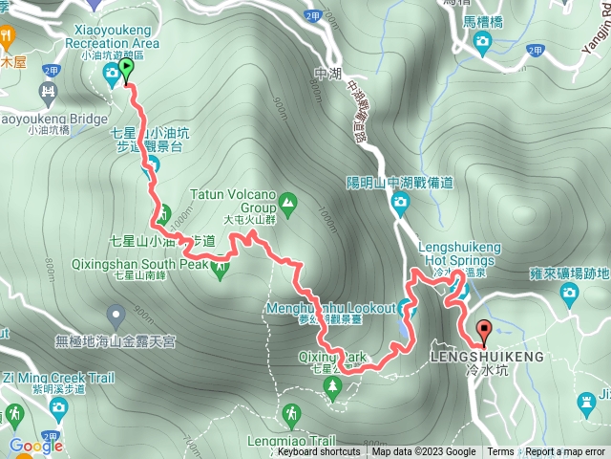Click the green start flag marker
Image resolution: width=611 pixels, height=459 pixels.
(126, 70)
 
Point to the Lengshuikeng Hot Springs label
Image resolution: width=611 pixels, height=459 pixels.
(459, 252)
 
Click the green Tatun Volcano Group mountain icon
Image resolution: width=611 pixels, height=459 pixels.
(286, 203)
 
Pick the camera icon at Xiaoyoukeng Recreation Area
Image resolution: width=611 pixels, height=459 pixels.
(112, 72)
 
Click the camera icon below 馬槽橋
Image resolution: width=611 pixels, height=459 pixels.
(482, 41)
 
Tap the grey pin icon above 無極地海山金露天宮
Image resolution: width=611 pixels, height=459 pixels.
(116, 313)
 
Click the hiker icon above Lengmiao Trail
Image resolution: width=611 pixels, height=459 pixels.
(291, 414)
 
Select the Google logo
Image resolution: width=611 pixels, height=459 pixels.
(36, 446)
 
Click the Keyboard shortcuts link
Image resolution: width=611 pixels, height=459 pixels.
(319, 452)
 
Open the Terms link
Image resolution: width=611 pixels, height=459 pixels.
(500, 452)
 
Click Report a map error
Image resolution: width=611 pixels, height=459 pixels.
(566, 452)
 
